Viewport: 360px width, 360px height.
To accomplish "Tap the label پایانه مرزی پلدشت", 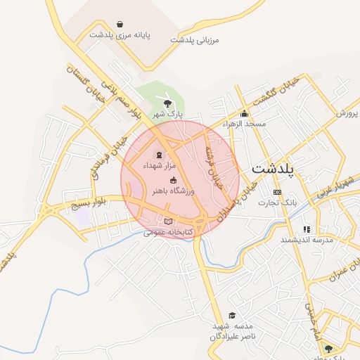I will point(116,34).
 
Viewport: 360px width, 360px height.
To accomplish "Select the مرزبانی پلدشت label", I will point(195,40).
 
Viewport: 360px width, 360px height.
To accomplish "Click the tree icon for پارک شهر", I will point(167,104).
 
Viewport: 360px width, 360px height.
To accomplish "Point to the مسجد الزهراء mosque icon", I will point(244,114).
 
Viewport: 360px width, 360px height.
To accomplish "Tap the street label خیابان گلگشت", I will point(276,91).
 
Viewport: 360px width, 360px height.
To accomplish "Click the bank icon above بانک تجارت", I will point(277,192).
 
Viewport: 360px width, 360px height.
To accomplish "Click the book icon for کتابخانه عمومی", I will point(167,222).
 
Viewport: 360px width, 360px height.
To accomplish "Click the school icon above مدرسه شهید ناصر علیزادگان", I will point(232,315).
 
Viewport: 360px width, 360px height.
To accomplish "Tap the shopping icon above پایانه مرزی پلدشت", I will point(121,23).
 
